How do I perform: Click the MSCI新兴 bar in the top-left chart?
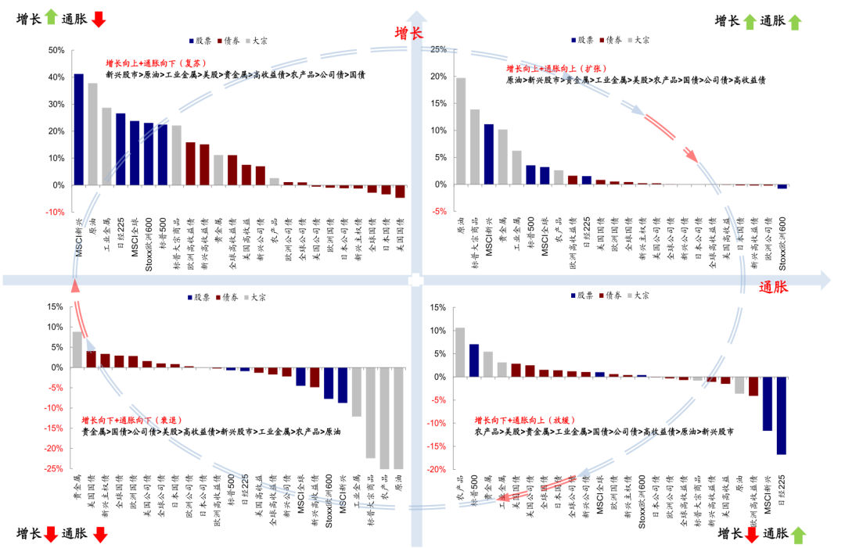point(78,130)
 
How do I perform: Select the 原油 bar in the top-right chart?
point(460,131)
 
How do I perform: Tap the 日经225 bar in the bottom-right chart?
point(781,416)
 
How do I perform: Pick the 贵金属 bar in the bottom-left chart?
point(77,349)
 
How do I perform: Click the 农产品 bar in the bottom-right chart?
point(459,353)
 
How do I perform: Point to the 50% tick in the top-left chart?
point(56,50)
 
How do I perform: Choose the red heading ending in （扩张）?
point(558,69)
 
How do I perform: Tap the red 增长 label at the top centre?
point(408,33)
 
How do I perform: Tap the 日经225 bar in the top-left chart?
point(120,149)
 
